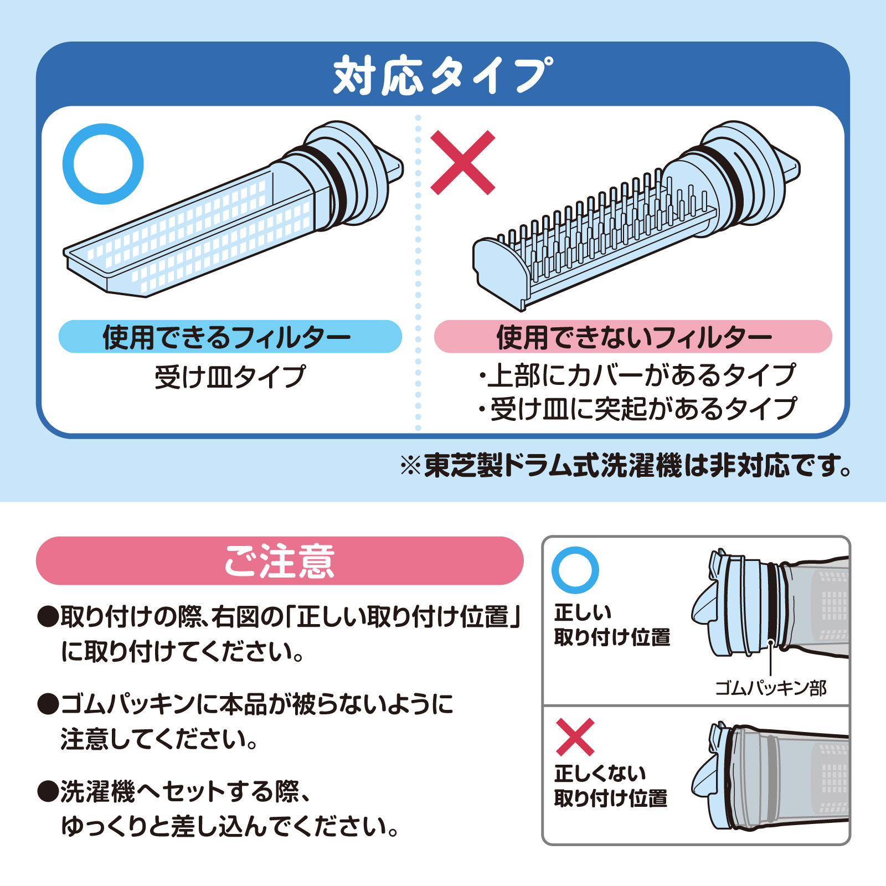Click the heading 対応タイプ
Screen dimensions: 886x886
point(443,76)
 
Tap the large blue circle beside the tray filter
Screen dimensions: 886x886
point(103,164)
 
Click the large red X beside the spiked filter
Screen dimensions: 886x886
point(462,163)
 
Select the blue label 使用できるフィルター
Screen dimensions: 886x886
point(230,337)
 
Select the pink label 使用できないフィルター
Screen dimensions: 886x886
point(633,337)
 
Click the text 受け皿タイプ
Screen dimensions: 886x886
point(230,377)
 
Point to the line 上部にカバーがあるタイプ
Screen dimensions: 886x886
point(637,375)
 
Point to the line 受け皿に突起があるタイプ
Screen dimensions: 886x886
point(637,409)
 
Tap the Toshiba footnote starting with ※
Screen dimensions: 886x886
point(626,466)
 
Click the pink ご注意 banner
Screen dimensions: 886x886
point(280,560)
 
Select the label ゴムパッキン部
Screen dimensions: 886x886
point(770,688)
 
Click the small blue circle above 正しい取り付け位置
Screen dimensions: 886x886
point(575,570)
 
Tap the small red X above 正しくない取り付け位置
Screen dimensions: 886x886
point(575,737)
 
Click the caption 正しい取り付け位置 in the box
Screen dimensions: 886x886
point(612,625)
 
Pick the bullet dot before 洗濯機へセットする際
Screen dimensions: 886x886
point(48,791)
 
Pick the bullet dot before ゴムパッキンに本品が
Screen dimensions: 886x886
point(48,704)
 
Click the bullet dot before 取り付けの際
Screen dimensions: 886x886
point(48,616)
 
